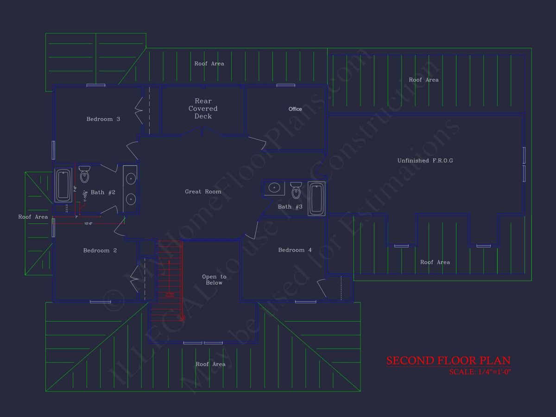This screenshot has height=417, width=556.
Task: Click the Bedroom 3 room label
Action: click(x=103, y=119)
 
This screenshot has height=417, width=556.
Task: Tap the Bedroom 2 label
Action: click(x=100, y=251)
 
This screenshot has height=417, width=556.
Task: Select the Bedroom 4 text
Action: click(x=295, y=250)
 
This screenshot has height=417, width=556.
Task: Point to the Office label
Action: click(x=295, y=109)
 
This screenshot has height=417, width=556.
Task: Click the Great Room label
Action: click(x=203, y=191)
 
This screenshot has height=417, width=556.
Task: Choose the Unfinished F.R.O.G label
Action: click(x=425, y=161)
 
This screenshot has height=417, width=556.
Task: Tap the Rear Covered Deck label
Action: click(x=203, y=108)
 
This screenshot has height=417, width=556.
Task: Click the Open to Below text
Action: click(x=214, y=279)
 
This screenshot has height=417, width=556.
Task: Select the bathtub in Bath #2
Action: click(x=63, y=185)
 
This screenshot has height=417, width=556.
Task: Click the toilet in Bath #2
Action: click(x=84, y=175)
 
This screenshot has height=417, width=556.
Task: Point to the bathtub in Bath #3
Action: click(x=316, y=198)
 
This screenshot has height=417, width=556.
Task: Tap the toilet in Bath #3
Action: click(x=296, y=190)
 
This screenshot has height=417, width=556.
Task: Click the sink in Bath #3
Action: click(x=274, y=188)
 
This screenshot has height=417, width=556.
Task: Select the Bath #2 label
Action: click(x=103, y=192)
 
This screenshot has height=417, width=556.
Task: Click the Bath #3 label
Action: click(x=290, y=207)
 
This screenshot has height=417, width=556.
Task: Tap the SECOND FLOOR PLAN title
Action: click(x=448, y=360)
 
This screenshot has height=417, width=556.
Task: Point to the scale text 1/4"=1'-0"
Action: click(x=480, y=372)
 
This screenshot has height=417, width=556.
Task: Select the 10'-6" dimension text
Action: click(x=88, y=224)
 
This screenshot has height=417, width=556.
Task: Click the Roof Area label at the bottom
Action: click(x=210, y=364)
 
